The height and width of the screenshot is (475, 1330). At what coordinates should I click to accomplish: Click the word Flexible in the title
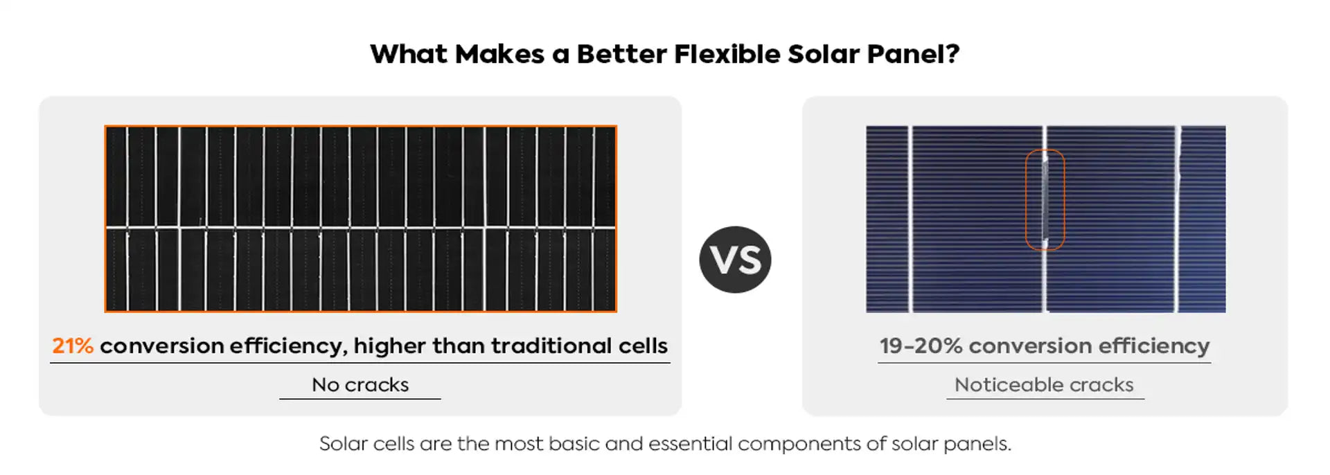tap(727, 54)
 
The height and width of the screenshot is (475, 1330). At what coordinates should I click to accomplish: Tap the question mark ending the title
tap(952, 54)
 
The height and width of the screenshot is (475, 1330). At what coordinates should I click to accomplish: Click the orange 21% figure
tap(73, 346)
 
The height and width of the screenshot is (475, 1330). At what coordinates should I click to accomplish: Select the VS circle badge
tap(735, 260)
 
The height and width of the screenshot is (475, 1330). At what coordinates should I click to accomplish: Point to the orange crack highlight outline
tap(1027, 199)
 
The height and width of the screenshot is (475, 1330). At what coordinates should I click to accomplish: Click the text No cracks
tap(360, 385)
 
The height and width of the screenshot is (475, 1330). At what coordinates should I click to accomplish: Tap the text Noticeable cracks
tap(1044, 385)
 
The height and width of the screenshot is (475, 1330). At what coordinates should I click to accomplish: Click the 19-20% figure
tap(921, 346)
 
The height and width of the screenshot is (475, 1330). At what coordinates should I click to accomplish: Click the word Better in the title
tap(621, 54)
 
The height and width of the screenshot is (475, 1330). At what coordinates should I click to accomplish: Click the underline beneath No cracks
tap(360, 399)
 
